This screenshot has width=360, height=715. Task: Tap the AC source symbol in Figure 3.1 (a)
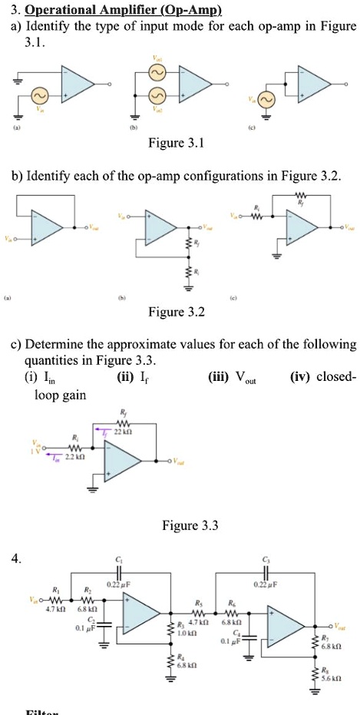(x=39, y=96)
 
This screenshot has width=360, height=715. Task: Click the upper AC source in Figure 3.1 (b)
(x=160, y=74)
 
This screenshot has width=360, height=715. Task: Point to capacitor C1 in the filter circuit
(x=117, y=572)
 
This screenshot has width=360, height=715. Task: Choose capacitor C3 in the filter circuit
(x=265, y=572)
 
